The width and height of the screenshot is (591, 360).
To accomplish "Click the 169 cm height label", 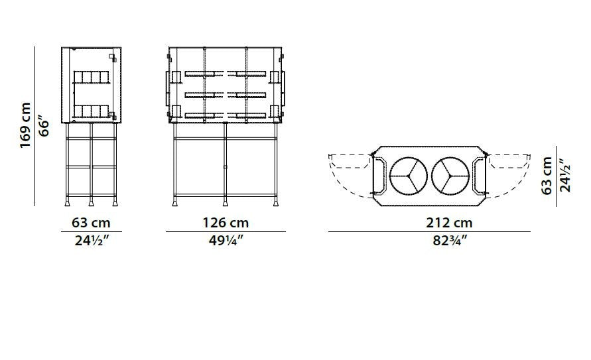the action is click(25, 125).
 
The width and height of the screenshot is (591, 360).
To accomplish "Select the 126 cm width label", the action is click(226, 223).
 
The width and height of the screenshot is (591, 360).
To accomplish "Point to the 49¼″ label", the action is click(226, 240).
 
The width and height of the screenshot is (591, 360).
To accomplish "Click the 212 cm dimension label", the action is click(449, 223).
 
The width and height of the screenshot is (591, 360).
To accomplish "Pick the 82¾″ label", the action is click(450, 240).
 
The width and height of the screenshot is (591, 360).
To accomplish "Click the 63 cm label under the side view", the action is click(91, 223).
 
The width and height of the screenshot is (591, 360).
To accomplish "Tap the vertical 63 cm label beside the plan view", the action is click(547, 176).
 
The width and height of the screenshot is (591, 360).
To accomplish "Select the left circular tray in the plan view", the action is click(408, 176).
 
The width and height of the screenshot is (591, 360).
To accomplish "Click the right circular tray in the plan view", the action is click(450, 176).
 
